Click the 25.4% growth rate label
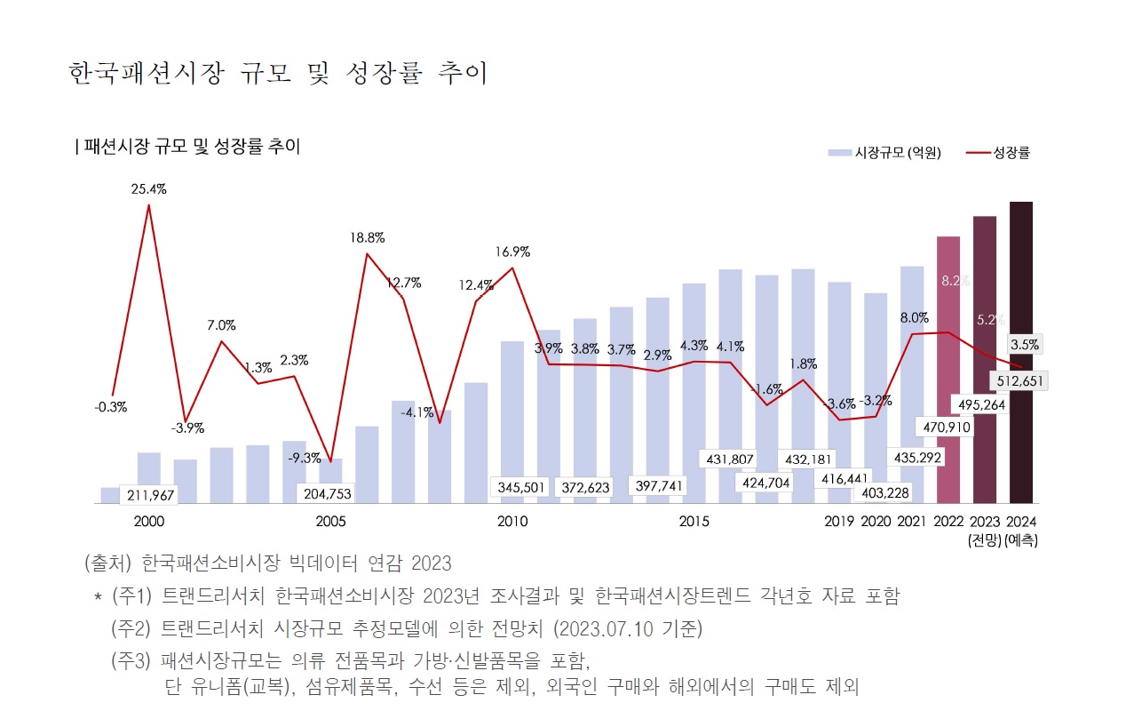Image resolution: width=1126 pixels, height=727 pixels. pyautogui.click(x=148, y=189)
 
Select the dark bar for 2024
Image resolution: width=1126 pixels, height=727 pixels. pyautogui.click(x=1021, y=284)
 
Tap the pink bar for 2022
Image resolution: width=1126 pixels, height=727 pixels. pyautogui.click(x=948, y=356)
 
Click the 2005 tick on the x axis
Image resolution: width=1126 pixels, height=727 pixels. pyautogui.click(x=330, y=521)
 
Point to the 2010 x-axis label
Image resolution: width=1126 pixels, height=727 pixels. pyautogui.click(x=512, y=521)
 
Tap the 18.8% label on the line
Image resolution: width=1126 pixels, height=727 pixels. pyautogui.click(x=367, y=238)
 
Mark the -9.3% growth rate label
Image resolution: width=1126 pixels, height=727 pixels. pyautogui.click(x=305, y=459)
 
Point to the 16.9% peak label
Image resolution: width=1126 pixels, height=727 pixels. pyautogui.click(x=512, y=252)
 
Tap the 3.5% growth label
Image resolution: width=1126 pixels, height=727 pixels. pyautogui.click(x=1024, y=344)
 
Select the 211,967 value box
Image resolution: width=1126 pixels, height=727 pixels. pyautogui.click(x=149, y=494)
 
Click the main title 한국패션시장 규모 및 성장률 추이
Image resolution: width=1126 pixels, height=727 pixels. pyautogui.click(x=278, y=74)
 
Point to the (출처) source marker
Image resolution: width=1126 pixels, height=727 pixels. pyautogui.click(x=107, y=563)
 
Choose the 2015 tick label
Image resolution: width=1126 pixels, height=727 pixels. pyautogui.click(x=694, y=521)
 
